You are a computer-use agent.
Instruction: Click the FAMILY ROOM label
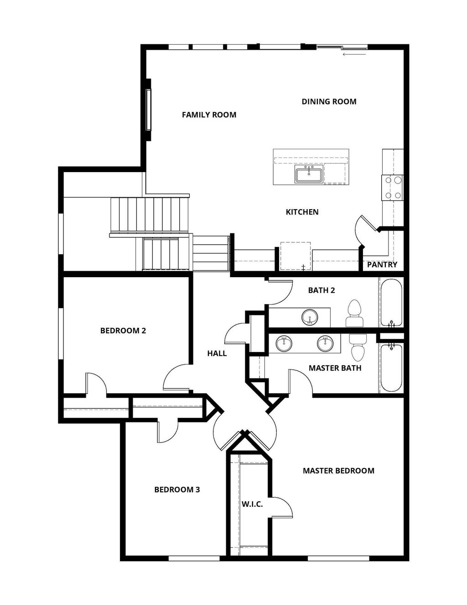click(x=209, y=115)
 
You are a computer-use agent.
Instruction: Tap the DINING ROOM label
click(x=329, y=101)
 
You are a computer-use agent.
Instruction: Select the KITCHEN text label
click(x=302, y=212)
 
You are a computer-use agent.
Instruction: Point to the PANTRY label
click(x=382, y=264)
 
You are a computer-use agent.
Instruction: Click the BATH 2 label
click(x=322, y=290)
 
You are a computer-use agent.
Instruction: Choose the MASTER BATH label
click(x=335, y=368)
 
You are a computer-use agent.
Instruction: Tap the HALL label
click(x=217, y=353)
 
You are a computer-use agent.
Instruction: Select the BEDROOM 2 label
click(x=123, y=330)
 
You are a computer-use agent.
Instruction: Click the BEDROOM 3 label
click(x=177, y=489)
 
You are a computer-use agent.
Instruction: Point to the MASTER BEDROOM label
click(x=338, y=470)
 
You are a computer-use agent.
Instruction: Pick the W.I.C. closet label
click(x=252, y=504)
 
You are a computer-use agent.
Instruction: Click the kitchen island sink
click(x=309, y=175)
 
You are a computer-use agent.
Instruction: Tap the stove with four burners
click(x=393, y=188)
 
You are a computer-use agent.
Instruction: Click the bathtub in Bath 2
click(x=391, y=302)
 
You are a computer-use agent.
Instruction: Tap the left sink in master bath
click(x=284, y=343)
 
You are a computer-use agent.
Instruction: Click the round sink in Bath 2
click(x=310, y=317)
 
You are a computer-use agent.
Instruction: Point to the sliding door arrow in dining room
click(x=354, y=54)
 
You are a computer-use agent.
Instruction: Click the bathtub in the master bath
click(x=391, y=368)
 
